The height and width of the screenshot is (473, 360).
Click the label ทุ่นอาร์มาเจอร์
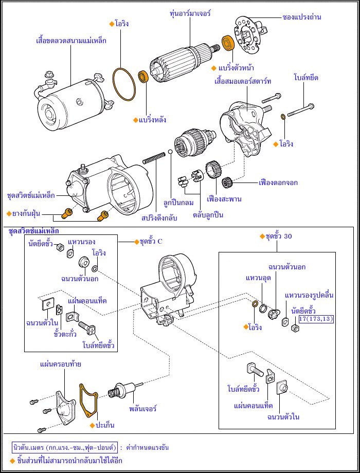click(x=190, y=13)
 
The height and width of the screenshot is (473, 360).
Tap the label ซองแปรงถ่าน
click(x=302, y=17)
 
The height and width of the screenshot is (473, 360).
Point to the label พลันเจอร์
click(x=142, y=409)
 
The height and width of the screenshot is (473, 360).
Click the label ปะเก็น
click(x=105, y=425)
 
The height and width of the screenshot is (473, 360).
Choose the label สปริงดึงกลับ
click(x=159, y=218)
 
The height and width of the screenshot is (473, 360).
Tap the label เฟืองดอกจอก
click(x=279, y=182)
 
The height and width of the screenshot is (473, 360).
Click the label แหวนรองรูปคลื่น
click(x=309, y=295)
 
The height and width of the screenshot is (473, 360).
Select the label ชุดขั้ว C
click(x=148, y=241)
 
